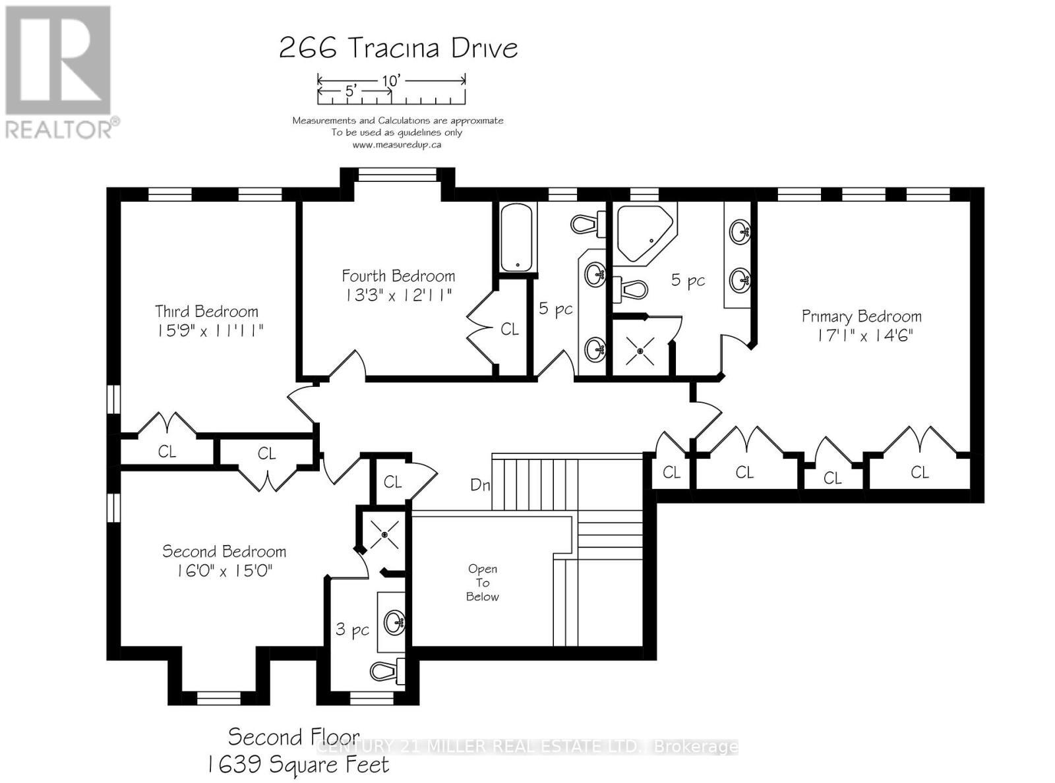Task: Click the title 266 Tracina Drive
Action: pos(398,48)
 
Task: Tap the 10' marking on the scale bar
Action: pos(391,80)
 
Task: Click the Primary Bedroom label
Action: pos(861,316)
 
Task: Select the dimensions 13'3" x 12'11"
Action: pos(398,295)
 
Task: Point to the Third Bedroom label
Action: pos(206,311)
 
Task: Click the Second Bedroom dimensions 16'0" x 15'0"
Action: pos(224,570)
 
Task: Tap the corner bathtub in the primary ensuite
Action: pos(643,232)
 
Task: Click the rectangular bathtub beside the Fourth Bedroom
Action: pos(518,237)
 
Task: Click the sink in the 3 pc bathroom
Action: pos(396,621)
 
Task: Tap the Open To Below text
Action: pos(483,583)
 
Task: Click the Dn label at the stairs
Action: pos(480,485)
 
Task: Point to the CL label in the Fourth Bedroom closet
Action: pos(510,329)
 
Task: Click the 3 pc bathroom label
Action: pos(352,629)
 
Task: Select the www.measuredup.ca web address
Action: pos(397,144)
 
